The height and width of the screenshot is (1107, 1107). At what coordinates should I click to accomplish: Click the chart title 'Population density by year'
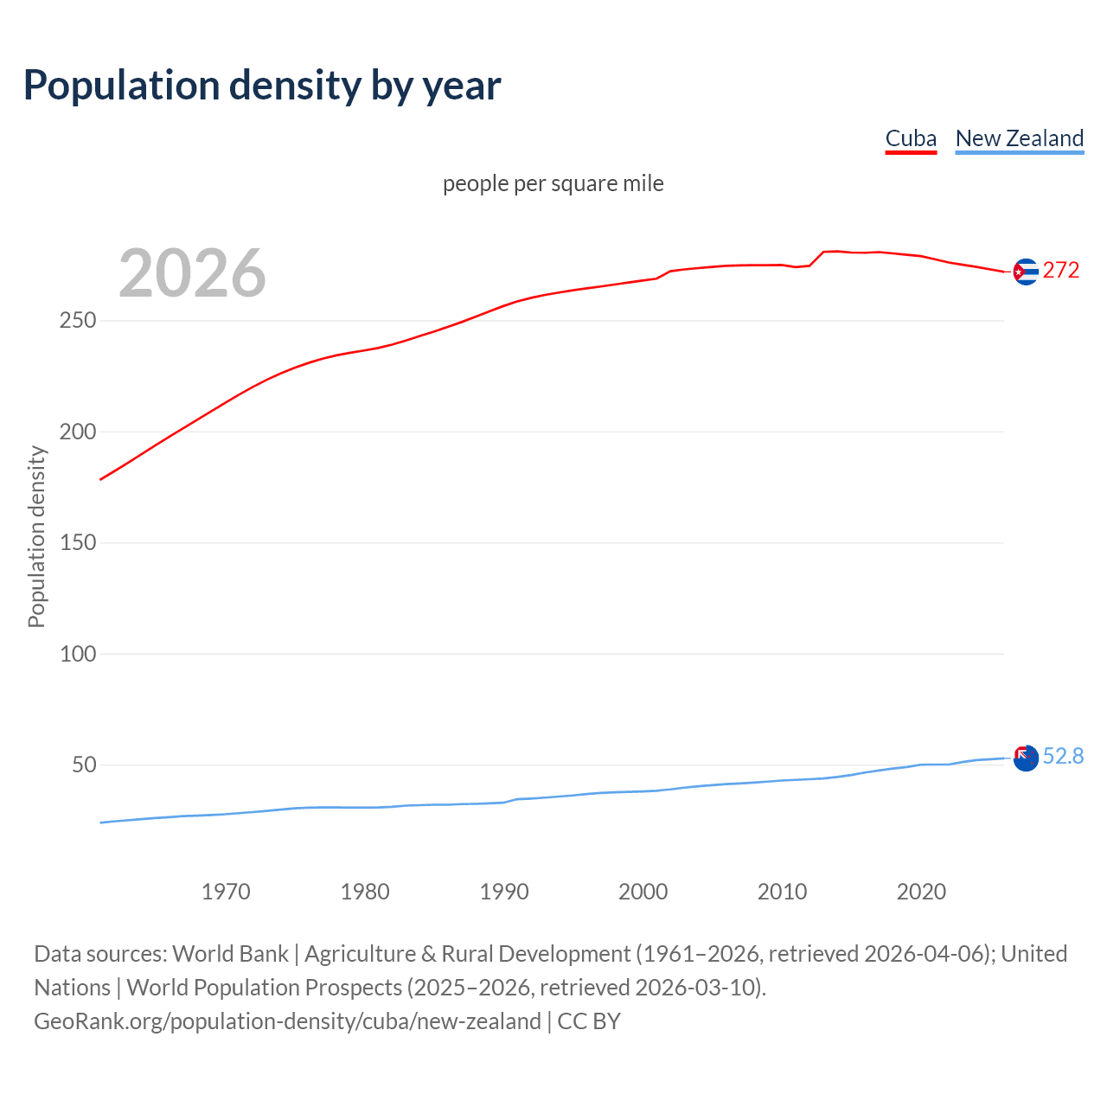point(262,86)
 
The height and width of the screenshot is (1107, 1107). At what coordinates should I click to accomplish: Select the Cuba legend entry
point(911,139)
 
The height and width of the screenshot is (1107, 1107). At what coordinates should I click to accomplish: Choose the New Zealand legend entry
point(1019,139)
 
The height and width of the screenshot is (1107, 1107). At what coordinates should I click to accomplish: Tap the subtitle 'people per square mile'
point(553,184)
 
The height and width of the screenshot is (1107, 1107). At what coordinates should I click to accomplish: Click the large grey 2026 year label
point(192,273)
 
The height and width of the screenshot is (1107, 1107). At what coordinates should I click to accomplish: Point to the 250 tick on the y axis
point(78,321)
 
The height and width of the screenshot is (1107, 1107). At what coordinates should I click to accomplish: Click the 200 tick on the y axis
point(78,432)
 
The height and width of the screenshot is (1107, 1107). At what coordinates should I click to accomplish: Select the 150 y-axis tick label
point(78,543)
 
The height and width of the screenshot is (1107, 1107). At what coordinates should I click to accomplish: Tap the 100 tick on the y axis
point(78,654)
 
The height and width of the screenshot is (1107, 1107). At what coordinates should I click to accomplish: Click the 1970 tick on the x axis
point(226,892)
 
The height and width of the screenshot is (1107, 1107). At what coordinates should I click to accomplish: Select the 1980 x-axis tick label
point(365,892)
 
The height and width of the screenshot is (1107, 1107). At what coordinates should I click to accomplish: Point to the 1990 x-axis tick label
point(504,892)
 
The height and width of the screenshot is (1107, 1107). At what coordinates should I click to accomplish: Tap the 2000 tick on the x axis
point(643,892)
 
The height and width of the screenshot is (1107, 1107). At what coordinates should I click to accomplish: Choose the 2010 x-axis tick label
point(782,892)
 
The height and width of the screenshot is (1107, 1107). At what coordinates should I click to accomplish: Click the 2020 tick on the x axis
point(921,892)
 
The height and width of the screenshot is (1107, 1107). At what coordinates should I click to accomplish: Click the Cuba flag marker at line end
point(1025,272)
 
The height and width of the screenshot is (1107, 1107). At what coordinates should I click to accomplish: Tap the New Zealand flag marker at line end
point(1025,758)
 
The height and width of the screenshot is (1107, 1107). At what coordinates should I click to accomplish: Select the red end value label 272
point(1061,271)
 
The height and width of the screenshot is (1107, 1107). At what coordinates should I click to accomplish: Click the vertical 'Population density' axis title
point(36,536)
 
